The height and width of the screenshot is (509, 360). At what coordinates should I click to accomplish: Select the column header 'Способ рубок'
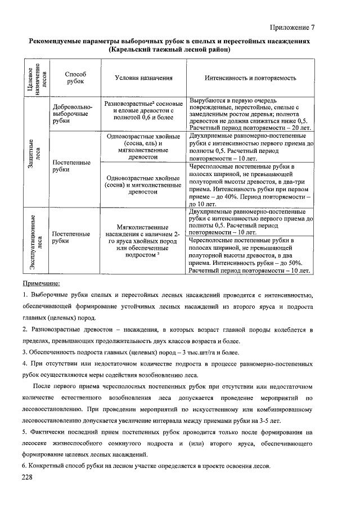click(75, 78)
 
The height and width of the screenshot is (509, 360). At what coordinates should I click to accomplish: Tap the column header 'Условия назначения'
click(143, 78)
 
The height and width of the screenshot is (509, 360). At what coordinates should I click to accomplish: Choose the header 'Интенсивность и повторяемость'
click(250, 78)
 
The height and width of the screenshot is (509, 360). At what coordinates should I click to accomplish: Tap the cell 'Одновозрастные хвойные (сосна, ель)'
click(143, 147)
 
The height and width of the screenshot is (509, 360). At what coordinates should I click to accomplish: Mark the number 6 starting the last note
click(24, 467)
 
